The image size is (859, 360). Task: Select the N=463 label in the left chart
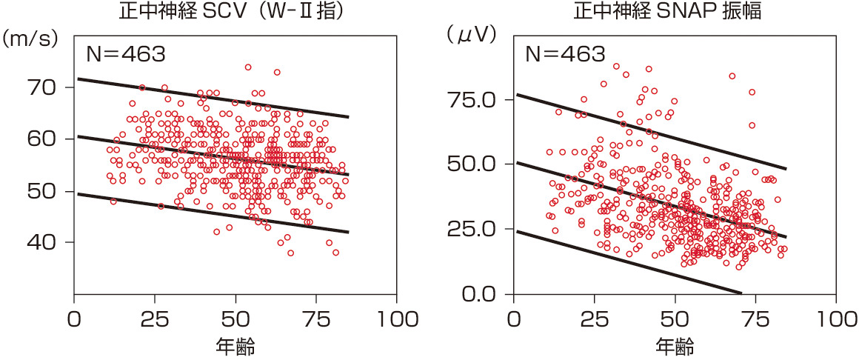click(x=124, y=54)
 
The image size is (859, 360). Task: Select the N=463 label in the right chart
click(x=565, y=54)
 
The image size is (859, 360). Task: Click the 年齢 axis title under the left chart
click(x=235, y=345)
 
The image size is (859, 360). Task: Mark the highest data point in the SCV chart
click(x=248, y=67)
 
